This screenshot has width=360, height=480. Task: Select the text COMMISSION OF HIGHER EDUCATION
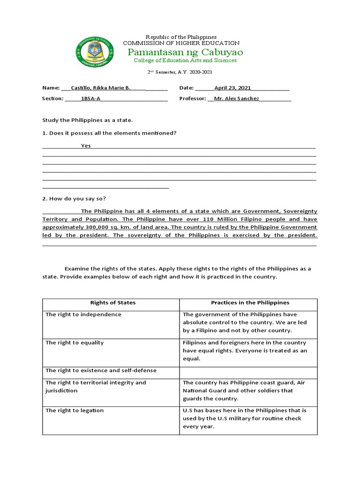pos(181,43)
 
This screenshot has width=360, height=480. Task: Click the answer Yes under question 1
pos(86,146)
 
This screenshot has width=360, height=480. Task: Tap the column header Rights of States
pos(111,303)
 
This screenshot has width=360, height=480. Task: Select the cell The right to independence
pos(83,315)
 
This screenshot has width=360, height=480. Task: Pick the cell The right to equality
pos(75,343)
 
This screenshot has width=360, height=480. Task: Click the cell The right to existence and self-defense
pos(101,370)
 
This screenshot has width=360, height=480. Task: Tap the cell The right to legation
pos(75,411)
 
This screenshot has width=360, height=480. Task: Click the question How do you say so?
pos(77,199)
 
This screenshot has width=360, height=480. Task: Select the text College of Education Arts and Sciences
pos(185,60)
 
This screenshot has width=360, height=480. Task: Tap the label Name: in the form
pos(51,88)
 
